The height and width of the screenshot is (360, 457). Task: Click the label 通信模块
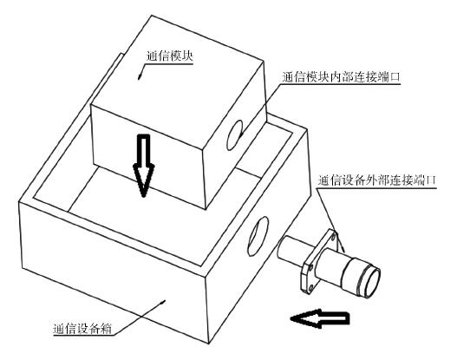pyautogui.click(x=169, y=56)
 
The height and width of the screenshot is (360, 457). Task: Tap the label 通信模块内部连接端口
pyautogui.click(x=341, y=77)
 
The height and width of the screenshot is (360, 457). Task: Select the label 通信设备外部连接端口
pyautogui.click(x=376, y=180)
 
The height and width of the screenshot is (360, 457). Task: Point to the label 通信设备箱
pyautogui.click(x=82, y=329)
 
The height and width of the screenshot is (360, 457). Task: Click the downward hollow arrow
pyautogui.click(x=143, y=166)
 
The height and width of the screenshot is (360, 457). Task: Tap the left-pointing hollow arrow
pyautogui.click(x=320, y=318)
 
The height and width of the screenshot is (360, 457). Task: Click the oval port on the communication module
pyautogui.click(x=235, y=135)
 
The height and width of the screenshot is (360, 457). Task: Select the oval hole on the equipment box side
pyautogui.click(x=258, y=236)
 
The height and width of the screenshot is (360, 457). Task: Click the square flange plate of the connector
pyautogui.click(x=319, y=261)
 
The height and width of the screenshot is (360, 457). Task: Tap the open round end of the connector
pyautogui.click(x=373, y=282)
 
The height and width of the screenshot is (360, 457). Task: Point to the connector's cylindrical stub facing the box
pyautogui.click(x=292, y=251)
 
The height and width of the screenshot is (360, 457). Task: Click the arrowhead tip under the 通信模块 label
pyautogui.click(x=139, y=78)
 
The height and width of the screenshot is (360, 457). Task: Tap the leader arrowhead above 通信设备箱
pyautogui.click(x=164, y=301)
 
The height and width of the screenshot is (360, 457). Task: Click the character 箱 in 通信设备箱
pyautogui.click(x=106, y=329)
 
